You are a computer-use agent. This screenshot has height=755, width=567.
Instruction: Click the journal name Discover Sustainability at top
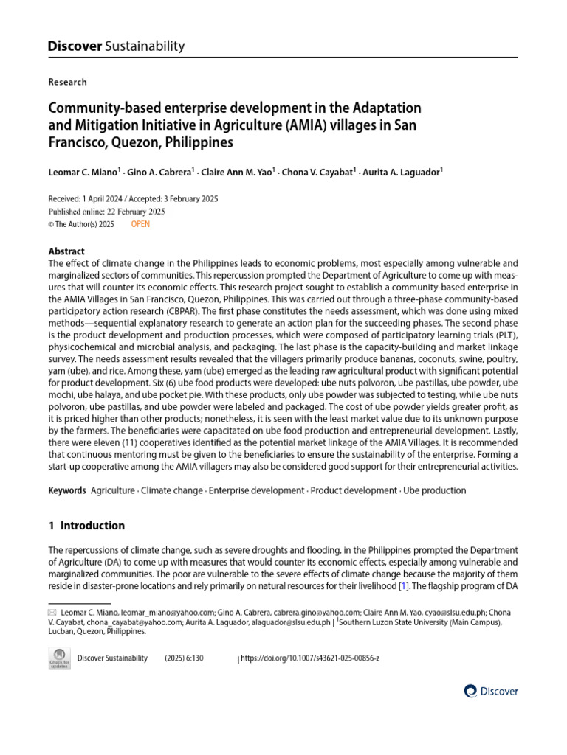[116, 46]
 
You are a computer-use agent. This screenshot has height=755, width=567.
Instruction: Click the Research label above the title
[67, 82]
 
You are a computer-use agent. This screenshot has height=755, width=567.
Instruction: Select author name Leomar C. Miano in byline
[83, 173]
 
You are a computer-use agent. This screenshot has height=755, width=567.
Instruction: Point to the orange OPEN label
[140, 224]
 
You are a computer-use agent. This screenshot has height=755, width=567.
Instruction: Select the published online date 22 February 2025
[135, 212]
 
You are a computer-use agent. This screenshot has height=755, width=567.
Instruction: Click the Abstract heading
[66, 251]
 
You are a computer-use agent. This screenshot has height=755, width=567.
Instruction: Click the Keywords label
[66, 490]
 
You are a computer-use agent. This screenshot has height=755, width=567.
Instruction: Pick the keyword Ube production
[433, 490]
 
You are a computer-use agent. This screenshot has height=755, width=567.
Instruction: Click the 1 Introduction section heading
[86, 526]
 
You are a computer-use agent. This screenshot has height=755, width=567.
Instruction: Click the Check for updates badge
[59, 658]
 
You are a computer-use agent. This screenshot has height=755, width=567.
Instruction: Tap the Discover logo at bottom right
[491, 692]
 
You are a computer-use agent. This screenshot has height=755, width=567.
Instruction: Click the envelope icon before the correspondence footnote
[52, 612]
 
